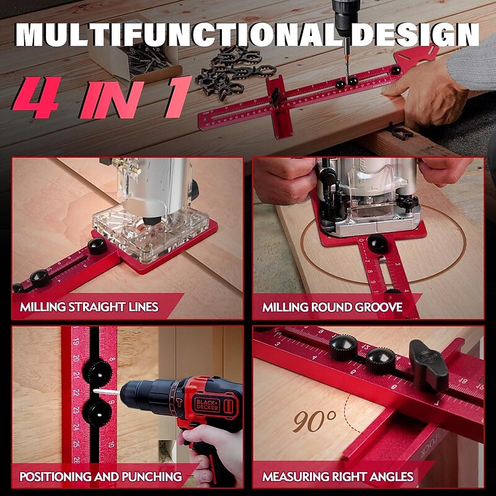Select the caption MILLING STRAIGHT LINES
(89, 307)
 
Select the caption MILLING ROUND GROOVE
(332, 307)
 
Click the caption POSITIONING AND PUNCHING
(100, 477)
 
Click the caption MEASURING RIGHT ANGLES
(338, 477)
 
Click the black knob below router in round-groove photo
(376, 243)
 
